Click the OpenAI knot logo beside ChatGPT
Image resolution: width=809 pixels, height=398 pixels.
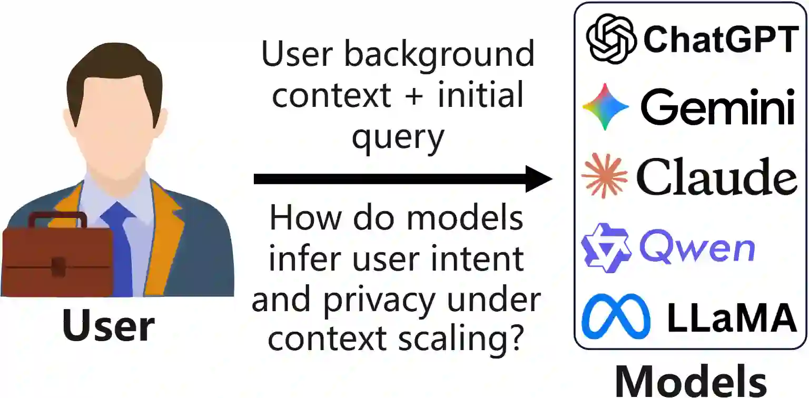(611, 38)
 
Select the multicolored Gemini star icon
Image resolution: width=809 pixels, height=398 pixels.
(606, 107)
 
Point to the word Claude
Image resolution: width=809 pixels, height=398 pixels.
(716, 176)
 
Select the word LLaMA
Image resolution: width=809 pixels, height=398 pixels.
(732, 317)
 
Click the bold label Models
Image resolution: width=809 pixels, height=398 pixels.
(690, 380)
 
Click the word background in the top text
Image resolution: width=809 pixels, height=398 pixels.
(439, 54)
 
